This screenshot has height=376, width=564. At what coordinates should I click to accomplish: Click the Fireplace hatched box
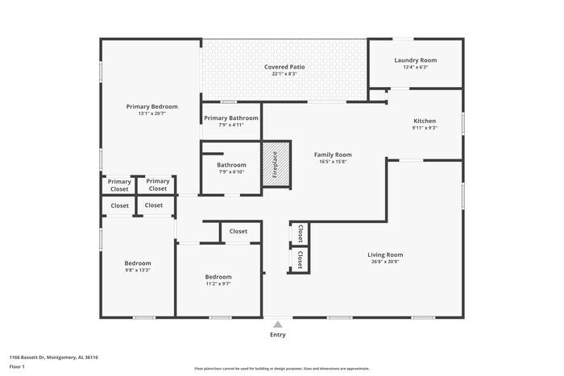pyautogui.click(x=274, y=166)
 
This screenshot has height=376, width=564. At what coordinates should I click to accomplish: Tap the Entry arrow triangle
pyautogui.click(x=277, y=324)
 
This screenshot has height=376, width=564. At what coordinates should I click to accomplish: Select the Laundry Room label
pyautogui.click(x=416, y=60)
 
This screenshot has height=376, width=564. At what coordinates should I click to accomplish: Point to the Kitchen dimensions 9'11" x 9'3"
pyautogui.click(x=425, y=127)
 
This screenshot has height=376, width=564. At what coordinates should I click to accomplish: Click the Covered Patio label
pyautogui.click(x=284, y=66)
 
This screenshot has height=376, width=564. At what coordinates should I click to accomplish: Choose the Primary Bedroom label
pyautogui.click(x=151, y=106)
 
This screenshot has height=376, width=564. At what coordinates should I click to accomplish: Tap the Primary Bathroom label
pyautogui.click(x=230, y=118)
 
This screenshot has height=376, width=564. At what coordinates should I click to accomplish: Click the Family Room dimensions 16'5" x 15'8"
pyautogui.click(x=333, y=162)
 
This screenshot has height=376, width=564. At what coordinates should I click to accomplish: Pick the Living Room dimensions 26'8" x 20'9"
pyautogui.click(x=385, y=262)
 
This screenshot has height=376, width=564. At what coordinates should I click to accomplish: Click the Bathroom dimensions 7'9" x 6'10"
pyautogui.click(x=230, y=171)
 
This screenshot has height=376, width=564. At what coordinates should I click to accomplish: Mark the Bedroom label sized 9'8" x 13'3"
pyautogui.click(x=137, y=262)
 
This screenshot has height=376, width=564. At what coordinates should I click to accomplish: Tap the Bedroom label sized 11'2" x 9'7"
pyautogui.click(x=218, y=276)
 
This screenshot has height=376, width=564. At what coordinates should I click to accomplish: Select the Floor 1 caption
pyautogui.click(x=17, y=366)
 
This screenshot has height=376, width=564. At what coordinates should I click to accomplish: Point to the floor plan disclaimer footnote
pyautogui.click(x=281, y=368)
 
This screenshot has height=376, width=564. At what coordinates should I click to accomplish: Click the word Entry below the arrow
pyautogui.click(x=277, y=335)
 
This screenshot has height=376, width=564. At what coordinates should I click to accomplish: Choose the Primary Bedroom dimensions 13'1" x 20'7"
pyautogui.click(x=151, y=114)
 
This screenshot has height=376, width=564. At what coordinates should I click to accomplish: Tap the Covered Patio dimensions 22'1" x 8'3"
pyautogui.click(x=284, y=73)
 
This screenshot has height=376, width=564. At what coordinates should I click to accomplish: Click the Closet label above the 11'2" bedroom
pyautogui.click(x=238, y=231)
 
